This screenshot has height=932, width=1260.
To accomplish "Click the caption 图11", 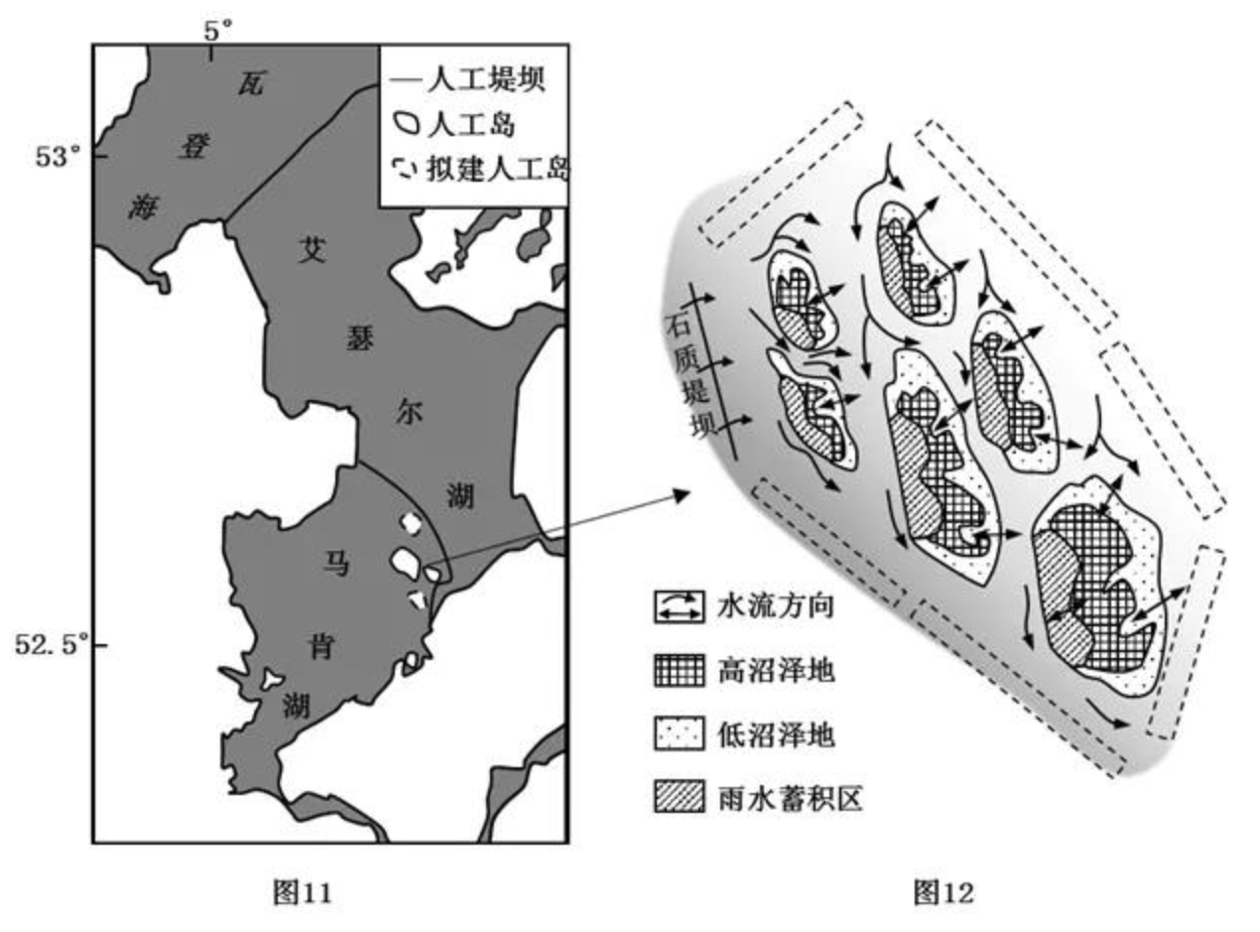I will [302, 892].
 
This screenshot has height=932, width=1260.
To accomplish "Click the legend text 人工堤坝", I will [485, 78].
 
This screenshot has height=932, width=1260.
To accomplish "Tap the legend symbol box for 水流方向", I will [678, 607].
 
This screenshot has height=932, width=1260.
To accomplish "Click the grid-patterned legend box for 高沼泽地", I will [678, 671].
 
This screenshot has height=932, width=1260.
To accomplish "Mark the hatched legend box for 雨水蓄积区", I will [678, 797].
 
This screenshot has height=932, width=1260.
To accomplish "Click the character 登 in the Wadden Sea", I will [191, 146].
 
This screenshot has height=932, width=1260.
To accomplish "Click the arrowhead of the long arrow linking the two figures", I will [684, 493].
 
